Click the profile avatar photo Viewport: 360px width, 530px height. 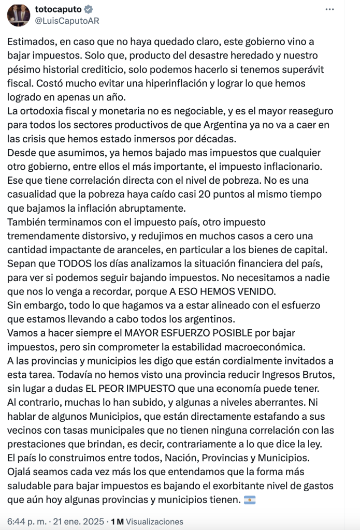[19, 15]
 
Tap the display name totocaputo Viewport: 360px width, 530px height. [56, 9]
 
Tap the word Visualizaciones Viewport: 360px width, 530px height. [154, 522]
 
